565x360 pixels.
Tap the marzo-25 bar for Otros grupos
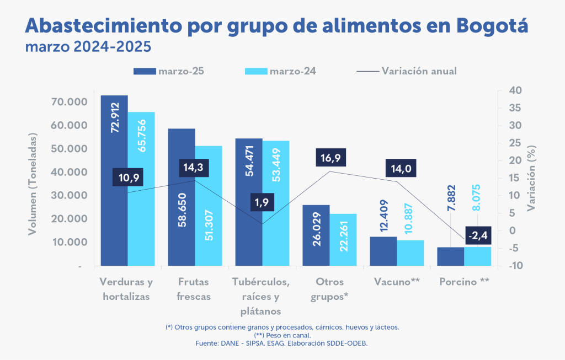coord(316,235)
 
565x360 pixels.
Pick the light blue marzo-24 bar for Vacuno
coord(411,253)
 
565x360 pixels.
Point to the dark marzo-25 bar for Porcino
coord(451,256)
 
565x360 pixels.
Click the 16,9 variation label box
coord(331,158)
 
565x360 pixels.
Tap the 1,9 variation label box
coord(262,202)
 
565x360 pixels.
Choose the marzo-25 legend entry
coord(172,71)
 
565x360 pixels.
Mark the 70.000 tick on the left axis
coord(70,102)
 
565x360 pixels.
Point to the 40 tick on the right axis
coord(515,90)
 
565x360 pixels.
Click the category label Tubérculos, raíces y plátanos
coord(262,297)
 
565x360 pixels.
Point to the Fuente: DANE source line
coord(282,343)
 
